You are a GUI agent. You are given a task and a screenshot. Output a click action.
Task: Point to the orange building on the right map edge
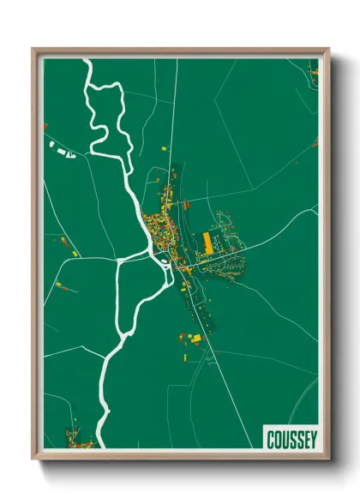[x=315, y=141]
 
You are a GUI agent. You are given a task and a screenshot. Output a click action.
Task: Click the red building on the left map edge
[x=45, y=127]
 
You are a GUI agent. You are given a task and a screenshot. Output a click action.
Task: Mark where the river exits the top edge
[x=86, y=60]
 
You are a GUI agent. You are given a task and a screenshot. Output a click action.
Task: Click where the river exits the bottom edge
[x=99, y=444]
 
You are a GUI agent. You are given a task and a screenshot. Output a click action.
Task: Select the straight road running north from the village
[x=173, y=111]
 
